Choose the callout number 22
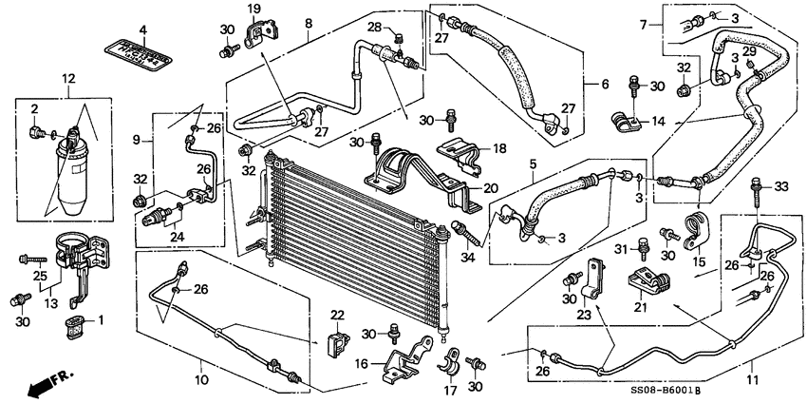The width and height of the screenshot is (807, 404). (x=338, y=315)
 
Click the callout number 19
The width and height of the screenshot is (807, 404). (x=254, y=10)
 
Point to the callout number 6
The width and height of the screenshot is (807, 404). (x=603, y=85)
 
